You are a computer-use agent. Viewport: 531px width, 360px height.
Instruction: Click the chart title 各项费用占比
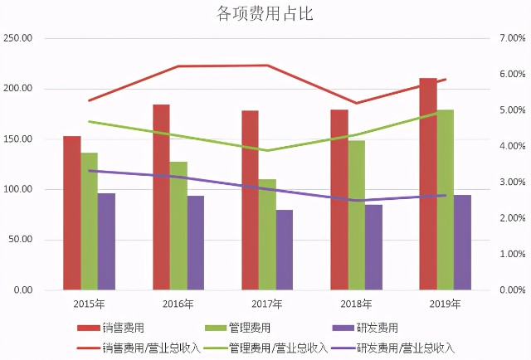point(265,13)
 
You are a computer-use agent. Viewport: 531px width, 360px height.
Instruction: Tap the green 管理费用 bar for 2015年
point(89,221)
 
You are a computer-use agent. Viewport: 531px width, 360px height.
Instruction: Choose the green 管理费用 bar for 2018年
point(356,216)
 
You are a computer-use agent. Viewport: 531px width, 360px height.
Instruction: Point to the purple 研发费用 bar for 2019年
point(462,242)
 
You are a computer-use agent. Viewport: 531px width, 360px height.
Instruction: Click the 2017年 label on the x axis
point(267,304)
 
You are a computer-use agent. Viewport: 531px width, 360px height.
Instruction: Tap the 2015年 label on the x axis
point(89,304)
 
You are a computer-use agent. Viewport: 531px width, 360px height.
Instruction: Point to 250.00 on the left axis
point(17,38)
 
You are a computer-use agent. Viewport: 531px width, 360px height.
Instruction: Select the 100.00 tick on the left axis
point(17,190)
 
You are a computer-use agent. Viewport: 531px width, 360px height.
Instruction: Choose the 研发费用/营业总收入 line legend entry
point(406,348)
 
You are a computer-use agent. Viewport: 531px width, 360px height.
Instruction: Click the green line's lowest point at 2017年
point(267,151)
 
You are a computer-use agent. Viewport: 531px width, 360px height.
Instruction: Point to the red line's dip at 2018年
point(356,104)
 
